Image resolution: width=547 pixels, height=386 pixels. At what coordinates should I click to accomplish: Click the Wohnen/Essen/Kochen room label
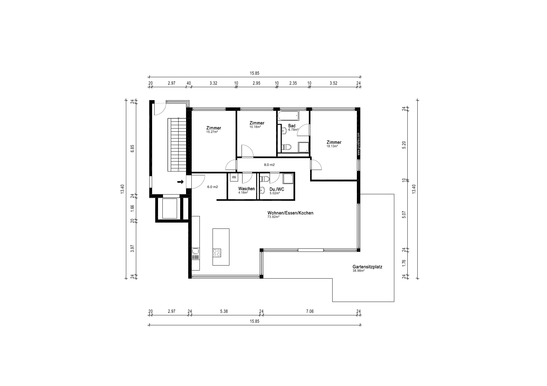290,213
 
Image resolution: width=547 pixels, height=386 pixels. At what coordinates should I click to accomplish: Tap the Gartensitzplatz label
367,267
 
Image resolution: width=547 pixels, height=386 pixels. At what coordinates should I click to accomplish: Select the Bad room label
292,126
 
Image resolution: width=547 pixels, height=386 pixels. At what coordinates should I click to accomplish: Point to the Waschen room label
246,189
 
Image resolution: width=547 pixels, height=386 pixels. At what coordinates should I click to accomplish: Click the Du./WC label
277,189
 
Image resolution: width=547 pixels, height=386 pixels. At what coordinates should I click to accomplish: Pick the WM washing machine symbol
234,177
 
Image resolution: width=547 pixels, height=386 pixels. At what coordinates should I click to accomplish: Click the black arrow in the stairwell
180,182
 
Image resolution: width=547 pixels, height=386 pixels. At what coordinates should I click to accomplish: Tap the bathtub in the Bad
288,116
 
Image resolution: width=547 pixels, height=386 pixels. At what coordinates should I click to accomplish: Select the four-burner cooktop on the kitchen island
217,253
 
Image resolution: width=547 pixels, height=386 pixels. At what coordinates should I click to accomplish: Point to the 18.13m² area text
332,146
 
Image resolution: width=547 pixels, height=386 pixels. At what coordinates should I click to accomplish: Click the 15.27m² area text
212,132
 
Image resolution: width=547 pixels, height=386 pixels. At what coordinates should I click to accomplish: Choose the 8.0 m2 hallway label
269,165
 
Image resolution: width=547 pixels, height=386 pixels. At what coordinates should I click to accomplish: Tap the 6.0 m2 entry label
213,187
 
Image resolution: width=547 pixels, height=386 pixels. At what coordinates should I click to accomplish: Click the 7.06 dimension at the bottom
310,311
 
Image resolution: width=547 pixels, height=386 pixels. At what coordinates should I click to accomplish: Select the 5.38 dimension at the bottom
224,311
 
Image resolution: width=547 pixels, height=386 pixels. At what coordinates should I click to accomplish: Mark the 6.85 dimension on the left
132,148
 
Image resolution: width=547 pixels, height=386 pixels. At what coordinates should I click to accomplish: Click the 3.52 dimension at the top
333,83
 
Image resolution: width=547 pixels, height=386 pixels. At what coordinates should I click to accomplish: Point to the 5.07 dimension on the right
404,215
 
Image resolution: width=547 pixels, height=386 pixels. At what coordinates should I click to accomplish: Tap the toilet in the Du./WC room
264,179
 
